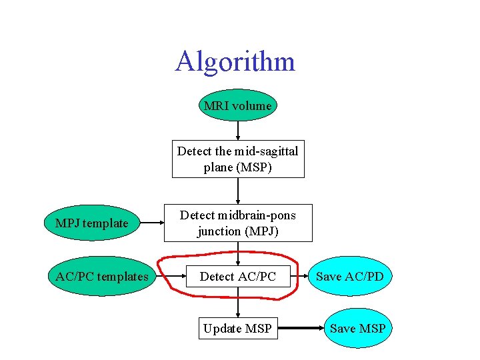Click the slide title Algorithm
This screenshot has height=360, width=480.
[235, 62]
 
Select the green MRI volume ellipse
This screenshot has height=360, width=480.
[238, 105]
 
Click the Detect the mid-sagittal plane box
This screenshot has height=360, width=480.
[238, 159]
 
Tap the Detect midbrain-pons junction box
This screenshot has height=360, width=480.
[238, 223]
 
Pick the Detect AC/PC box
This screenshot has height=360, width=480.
[238, 276]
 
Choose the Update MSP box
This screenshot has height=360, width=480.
[238, 328]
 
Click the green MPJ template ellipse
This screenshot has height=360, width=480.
[91, 223]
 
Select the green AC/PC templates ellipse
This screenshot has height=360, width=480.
[101, 276]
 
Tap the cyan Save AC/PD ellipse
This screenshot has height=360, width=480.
[349, 276]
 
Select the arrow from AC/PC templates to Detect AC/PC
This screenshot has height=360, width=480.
[167, 276]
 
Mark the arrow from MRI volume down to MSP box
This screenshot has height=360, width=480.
[238, 131]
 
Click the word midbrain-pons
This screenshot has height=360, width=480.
[256, 215]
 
